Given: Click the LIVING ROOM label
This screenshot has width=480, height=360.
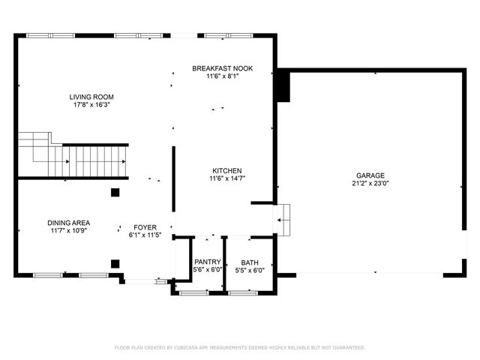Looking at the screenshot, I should coord(92,97).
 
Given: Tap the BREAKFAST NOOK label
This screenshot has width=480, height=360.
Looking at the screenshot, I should coord(222,68).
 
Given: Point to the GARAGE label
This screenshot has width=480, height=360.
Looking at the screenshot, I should coord(370,175).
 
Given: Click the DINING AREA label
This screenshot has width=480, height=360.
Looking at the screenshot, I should coord(68,223).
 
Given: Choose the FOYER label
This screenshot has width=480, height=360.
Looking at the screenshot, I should coord(145,226).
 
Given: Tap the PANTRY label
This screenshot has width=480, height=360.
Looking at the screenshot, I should coord(208,262).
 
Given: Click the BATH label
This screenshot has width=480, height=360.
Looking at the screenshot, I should coord(250,262).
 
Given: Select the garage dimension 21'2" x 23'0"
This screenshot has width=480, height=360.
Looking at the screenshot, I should coord(370,184).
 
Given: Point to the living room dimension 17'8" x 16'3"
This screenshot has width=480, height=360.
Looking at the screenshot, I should coord(92,106).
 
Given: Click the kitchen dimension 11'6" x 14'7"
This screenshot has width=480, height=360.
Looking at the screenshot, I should coord(227,178).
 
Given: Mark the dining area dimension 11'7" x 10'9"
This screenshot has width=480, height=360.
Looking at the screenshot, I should coord(68,232).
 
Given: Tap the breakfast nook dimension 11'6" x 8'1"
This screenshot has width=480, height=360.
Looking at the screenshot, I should coord(222,77).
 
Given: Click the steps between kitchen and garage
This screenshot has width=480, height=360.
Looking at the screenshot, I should coord(283,219).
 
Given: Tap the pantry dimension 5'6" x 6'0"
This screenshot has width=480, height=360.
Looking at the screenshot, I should coord(208,270).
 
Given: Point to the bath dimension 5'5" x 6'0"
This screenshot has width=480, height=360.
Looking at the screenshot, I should coord(250,270).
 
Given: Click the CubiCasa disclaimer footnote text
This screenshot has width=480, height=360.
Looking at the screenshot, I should coord(240,347).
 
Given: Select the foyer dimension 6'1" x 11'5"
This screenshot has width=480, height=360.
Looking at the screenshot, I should coord(145,235).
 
